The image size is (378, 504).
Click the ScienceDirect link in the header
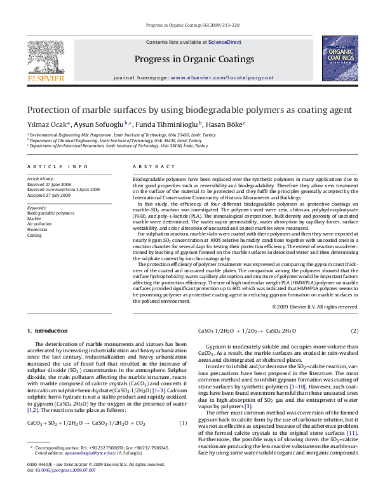[x=225, y=41]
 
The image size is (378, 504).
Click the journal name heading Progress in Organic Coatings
[x=194, y=59]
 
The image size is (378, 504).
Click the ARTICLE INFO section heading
[x=57, y=166]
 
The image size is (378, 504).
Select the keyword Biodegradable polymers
[x=50, y=213]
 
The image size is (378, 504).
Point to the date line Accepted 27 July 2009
[x=48, y=196]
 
